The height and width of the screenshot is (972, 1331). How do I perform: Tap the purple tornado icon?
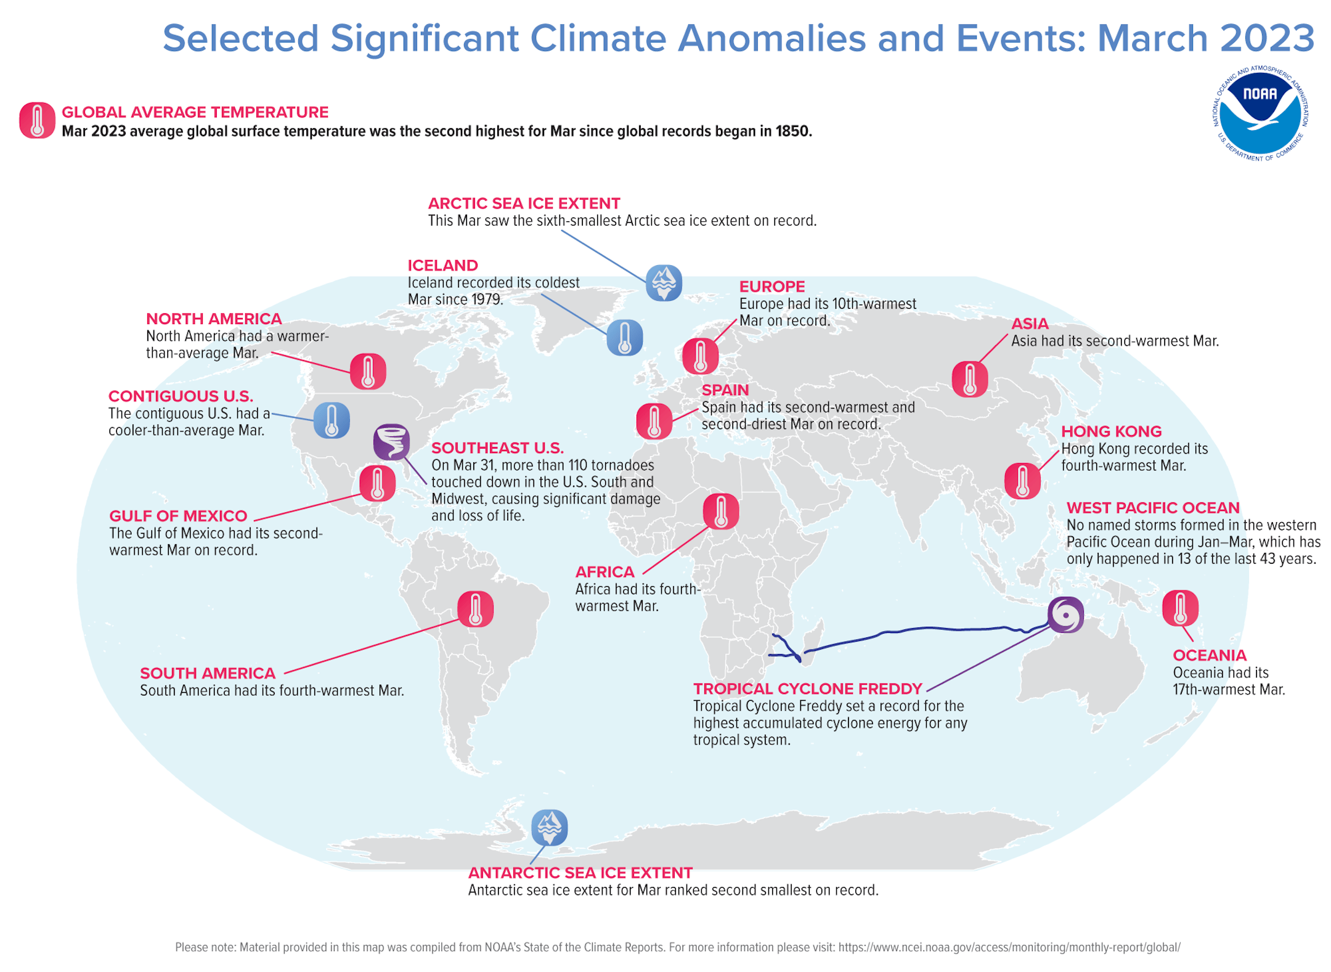pos(391,442)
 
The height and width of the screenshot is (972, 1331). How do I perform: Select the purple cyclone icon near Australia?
pos(1065,615)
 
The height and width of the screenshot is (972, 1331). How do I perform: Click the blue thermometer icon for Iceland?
pos(624,338)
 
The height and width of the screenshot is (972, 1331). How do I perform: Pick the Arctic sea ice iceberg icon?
pos(664,283)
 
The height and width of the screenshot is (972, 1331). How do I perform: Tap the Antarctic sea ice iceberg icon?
pos(549,827)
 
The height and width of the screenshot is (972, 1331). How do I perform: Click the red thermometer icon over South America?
pos(475,609)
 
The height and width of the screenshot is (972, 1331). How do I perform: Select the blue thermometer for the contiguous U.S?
pos(332,420)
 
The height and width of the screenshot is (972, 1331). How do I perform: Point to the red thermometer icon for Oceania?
pos(1180,608)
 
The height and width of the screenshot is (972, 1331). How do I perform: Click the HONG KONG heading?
pos(1111,431)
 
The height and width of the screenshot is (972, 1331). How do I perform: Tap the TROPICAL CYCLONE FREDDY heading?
pos(807,688)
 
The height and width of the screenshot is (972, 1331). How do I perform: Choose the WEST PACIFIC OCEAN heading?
pos(1152,508)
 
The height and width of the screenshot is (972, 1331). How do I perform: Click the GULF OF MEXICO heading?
pos(178,516)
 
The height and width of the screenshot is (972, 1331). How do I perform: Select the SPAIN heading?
pos(725,390)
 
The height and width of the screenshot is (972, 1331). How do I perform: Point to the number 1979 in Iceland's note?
pos(486,300)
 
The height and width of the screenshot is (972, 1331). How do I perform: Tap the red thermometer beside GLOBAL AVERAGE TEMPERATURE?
pos(37,120)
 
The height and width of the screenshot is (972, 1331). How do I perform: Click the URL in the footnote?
pos(1009,947)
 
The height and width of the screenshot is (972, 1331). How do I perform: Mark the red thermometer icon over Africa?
pos(720,512)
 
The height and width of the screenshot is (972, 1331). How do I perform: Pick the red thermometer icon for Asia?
pos(969,379)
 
